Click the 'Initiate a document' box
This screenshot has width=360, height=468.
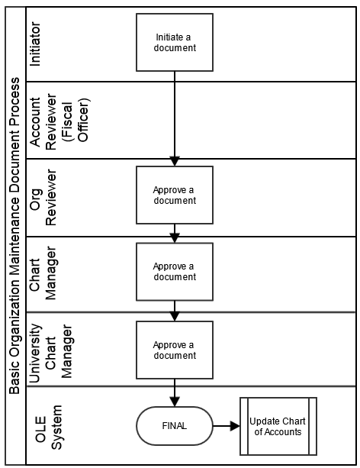(x=175, y=43)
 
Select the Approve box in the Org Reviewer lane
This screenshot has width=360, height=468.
(x=175, y=195)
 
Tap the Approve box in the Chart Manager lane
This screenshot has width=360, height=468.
(x=175, y=272)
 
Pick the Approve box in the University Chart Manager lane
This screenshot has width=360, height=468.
(x=175, y=350)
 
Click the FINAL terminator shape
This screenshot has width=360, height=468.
(x=175, y=426)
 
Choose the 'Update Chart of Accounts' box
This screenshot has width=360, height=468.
(x=278, y=426)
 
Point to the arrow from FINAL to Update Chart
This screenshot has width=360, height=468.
(x=227, y=426)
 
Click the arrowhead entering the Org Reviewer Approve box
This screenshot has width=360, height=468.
(x=175, y=161)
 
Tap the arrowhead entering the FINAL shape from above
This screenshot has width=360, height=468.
(x=175, y=402)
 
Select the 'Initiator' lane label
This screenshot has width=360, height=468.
(x=35, y=44)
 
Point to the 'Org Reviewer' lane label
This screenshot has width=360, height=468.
(x=43, y=198)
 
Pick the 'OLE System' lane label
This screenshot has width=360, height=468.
(x=49, y=428)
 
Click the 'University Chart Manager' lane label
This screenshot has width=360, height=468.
(x=50, y=353)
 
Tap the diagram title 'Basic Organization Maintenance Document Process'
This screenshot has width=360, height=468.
(x=14, y=236)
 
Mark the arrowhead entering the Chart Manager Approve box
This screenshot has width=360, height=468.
(x=175, y=238)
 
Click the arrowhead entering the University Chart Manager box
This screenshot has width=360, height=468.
(x=175, y=316)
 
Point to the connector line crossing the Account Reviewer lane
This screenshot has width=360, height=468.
(x=175, y=119)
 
